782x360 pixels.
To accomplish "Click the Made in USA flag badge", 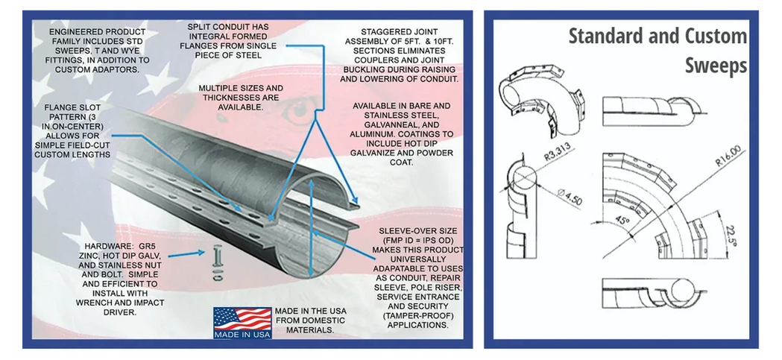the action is [242, 323].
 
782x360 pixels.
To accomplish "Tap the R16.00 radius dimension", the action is [728, 155].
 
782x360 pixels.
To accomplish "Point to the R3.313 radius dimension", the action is [558, 150].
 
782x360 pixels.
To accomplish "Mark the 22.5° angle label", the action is [731, 236].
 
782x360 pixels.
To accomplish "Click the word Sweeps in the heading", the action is [716, 66].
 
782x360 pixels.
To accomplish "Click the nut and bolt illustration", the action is [218, 263].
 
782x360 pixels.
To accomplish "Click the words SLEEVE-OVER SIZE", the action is [418, 231].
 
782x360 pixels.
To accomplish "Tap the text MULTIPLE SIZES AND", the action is [241, 88].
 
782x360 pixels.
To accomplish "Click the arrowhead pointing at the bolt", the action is [201, 253].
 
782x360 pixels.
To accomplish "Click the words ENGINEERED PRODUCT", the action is [90, 32].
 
